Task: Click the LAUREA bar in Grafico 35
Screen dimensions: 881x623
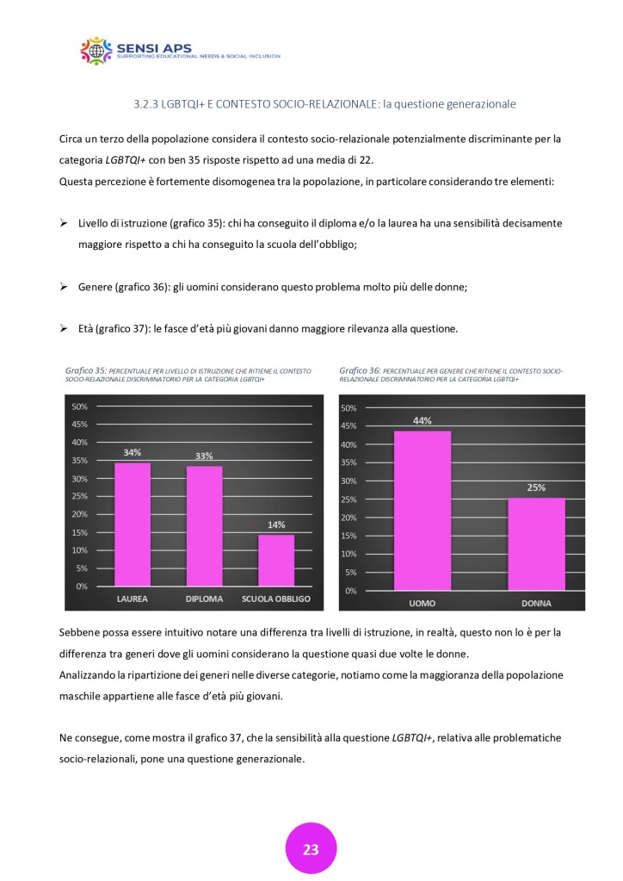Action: (x=133, y=524)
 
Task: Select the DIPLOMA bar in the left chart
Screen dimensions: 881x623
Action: (x=204, y=526)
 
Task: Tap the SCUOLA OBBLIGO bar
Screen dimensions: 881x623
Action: (x=276, y=561)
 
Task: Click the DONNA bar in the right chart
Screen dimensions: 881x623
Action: (x=536, y=544)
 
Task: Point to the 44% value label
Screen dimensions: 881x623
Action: (x=422, y=421)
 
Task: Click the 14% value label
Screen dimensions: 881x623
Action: (x=276, y=525)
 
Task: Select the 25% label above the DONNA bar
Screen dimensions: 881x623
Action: (x=536, y=488)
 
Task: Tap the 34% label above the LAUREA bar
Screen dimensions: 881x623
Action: (x=133, y=452)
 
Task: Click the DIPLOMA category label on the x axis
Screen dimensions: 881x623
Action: (x=204, y=599)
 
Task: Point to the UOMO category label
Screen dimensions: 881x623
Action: (x=422, y=603)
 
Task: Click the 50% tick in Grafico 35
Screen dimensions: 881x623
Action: (x=79, y=406)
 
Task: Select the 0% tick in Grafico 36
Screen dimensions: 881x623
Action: (x=351, y=591)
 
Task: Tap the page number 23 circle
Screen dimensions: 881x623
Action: (x=311, y=849)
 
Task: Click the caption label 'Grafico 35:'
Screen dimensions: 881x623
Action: (x=86, y=370)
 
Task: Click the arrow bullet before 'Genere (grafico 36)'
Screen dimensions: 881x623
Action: (x=64, y=288)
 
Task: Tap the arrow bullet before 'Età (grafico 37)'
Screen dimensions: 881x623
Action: (x=64, y=329)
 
